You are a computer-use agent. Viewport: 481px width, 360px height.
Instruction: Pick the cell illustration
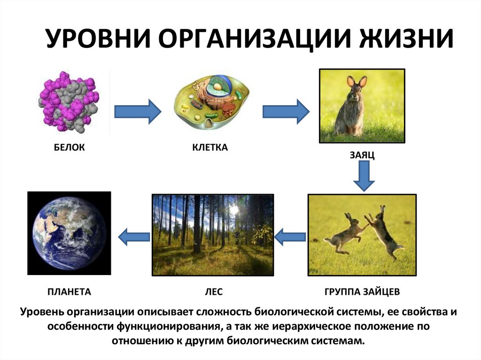[x=213, y=101]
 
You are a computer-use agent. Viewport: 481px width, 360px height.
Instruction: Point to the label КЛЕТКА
[x=210, y=148]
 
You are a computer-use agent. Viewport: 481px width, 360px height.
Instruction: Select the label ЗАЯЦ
[x=362, y=155]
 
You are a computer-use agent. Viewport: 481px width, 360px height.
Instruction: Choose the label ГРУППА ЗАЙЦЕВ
[x=362, y=292]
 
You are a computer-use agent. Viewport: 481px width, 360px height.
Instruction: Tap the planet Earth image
[x=69, y=233]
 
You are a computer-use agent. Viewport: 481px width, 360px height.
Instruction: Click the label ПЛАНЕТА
[x=69, y=292]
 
